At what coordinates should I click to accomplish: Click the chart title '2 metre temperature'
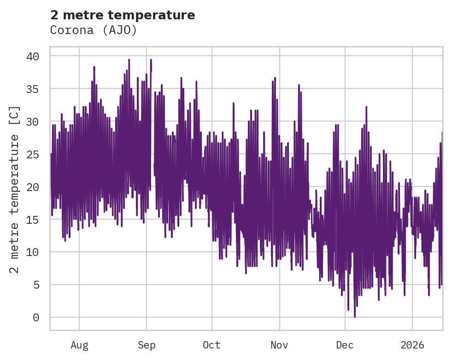coord(123,15)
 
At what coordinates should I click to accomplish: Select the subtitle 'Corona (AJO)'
coord(94,30)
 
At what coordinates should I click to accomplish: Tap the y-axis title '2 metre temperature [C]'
coord(15,189)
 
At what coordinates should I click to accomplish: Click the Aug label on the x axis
coord(79,345)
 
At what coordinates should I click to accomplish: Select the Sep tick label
coord(147,345)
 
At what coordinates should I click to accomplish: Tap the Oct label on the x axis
coord(212,345)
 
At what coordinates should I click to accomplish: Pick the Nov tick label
coord(279,345)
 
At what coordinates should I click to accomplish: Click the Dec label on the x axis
coord(345,345)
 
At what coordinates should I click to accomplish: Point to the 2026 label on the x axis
coord(412,345)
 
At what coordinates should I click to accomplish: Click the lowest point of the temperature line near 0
coord(355,317)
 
